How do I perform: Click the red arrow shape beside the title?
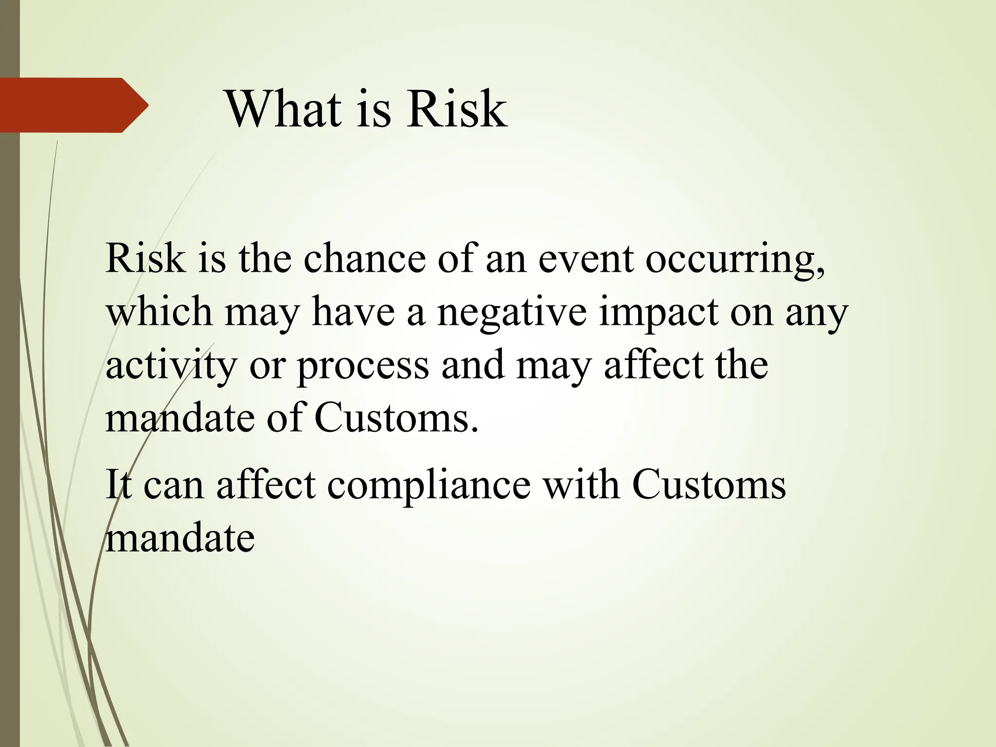coord(73,105)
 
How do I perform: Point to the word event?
coord(586,258)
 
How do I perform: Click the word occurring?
coord(734,260)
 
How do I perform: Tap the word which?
coord(159,312)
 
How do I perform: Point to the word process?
coord(363,367)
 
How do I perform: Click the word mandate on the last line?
coord(180,538)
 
